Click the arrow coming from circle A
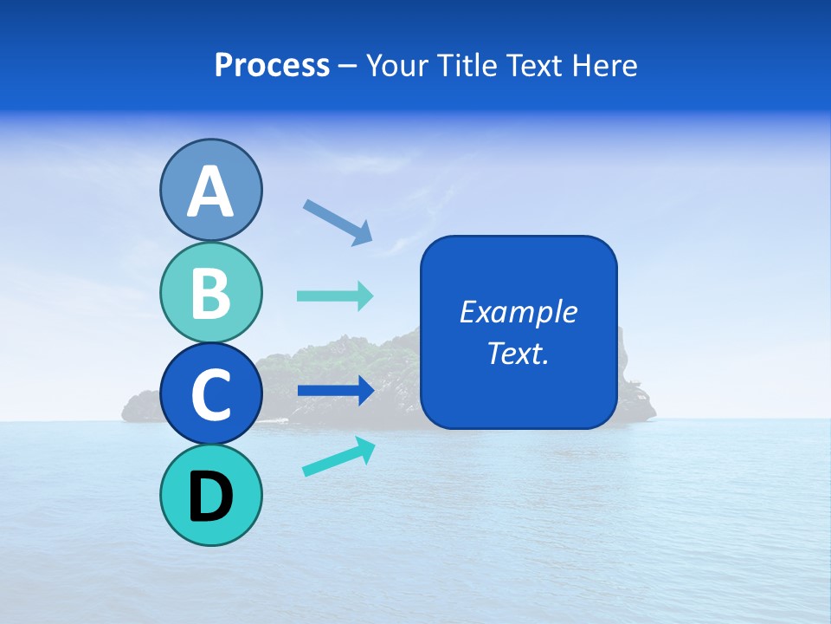[338, 220]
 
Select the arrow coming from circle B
[335, 296]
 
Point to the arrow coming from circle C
[335, 391]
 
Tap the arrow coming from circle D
[338, 457]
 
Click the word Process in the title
[272, 66]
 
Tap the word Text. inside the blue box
[518, 354]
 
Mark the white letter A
[210, 192]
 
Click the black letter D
[210, 497]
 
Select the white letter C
[210, 395]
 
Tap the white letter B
[210, 293]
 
